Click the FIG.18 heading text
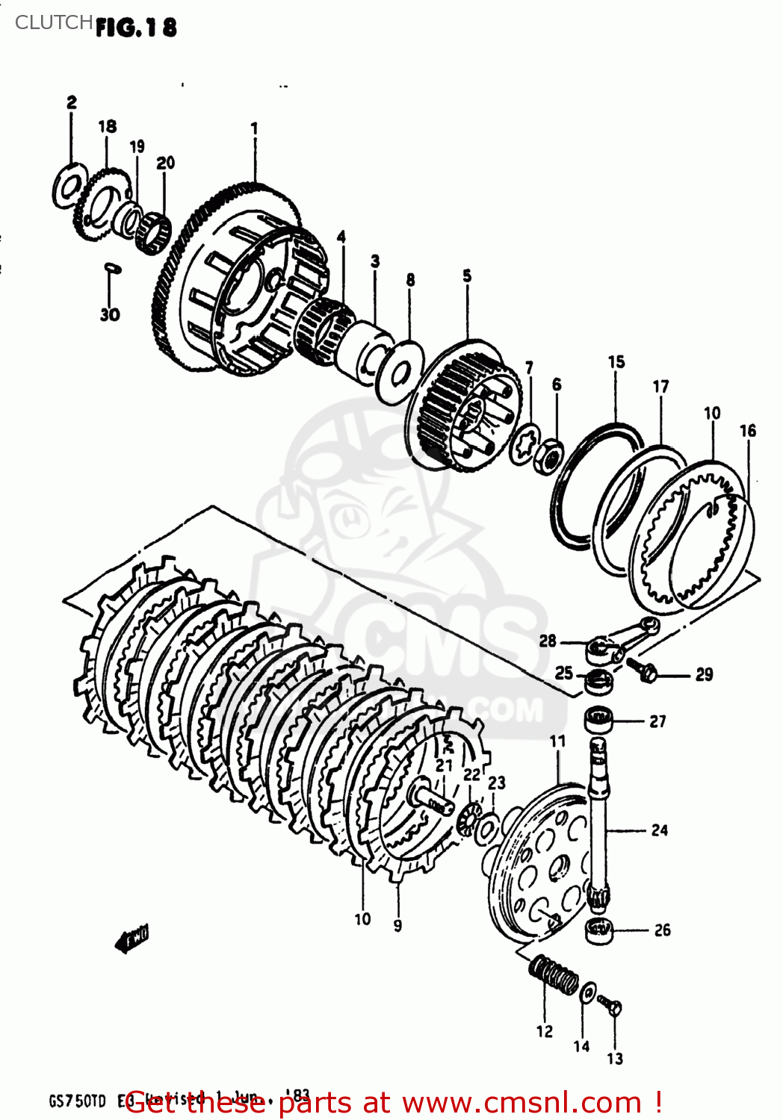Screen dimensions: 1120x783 coord(136,28)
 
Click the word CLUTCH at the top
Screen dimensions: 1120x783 coord(54,22)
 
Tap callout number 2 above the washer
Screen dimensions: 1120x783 coord(72,102)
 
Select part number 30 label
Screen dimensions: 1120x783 coord(110,314)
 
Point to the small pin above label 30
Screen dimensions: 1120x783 coord(111,266)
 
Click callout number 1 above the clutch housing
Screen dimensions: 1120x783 coord(254,128)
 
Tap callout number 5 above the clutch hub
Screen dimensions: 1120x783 coord(467,276)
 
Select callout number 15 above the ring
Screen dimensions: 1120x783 coord(616,362)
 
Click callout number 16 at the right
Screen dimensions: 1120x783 coord(747,431)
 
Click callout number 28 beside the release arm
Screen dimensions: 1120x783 coord(548,641)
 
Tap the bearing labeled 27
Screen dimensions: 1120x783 coord(598,721)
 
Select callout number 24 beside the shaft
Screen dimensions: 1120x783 coord(659,830)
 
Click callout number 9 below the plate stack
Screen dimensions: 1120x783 coord(397,925)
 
